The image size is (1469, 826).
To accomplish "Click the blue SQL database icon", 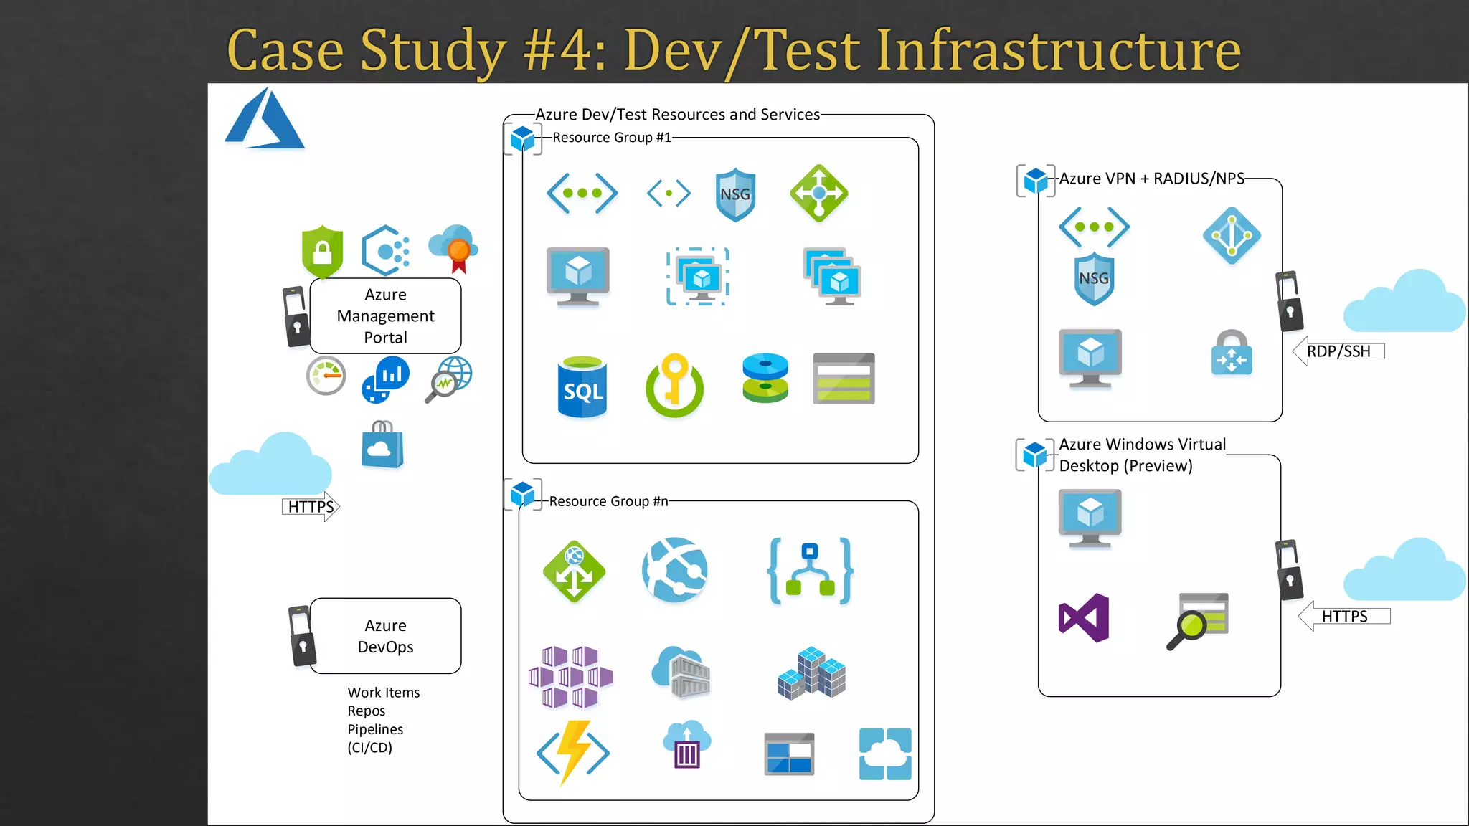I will coord(582,388).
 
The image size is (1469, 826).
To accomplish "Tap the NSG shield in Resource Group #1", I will coord(735,194).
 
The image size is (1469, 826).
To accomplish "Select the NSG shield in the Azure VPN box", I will coord(1094,278).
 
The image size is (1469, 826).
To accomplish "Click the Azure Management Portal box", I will coord(385,316).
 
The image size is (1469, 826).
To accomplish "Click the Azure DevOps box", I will coord(385,636).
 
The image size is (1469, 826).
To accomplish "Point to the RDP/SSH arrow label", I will coord(1338,351).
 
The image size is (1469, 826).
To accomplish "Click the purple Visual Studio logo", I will coord(1084,618).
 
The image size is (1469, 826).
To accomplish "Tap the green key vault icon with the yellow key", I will coord(674,386).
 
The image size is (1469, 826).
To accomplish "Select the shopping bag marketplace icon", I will coord(382,445).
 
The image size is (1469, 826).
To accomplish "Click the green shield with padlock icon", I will coord(322,251).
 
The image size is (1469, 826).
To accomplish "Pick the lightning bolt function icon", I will coord(573,752).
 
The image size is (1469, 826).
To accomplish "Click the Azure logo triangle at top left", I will coord(264,120).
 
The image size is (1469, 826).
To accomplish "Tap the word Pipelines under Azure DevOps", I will coord(375,729).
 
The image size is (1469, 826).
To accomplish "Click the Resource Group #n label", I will coord(608,501).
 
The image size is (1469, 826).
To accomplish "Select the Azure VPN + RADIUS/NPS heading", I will coord(1151,179).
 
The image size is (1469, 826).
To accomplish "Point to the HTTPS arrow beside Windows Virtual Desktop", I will coord(1343,617).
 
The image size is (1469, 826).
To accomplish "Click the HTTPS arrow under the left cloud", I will coord(311,507).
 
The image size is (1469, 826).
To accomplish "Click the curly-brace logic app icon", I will coord(810,571).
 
